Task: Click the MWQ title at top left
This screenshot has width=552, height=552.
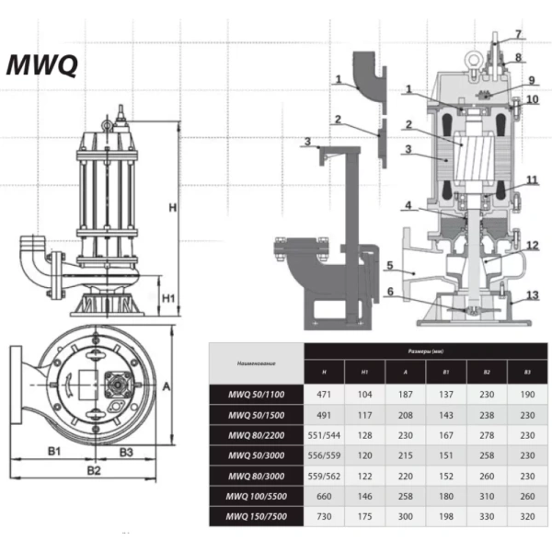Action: coord(42,65)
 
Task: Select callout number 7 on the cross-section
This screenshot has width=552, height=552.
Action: coord(517,34)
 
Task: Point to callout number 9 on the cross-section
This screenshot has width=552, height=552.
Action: coord(530,80)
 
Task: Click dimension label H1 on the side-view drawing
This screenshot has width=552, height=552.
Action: coord(168,298)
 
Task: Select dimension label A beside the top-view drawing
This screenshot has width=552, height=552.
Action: coord(167,387)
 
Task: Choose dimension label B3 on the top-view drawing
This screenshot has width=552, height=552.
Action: coord(127,452)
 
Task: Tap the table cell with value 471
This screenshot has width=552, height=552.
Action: coord(325,393)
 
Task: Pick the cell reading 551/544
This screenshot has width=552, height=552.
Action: coord(325,434)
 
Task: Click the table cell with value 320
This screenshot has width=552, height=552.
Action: coord(526,517)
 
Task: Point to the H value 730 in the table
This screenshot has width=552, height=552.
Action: coord(325,517)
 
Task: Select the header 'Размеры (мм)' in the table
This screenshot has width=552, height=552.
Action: coord(425,351)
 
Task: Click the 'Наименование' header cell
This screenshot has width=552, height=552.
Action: coord(257,362)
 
